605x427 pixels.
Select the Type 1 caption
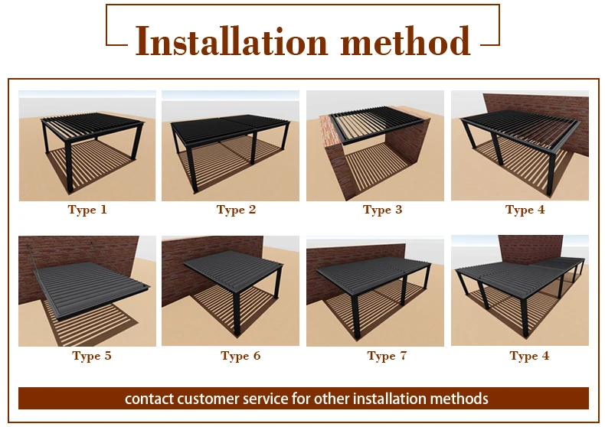pos(87,210)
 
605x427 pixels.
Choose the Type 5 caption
pos(92,356)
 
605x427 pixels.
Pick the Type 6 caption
pos(240,356)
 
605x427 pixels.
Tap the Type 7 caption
pos(387,356)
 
